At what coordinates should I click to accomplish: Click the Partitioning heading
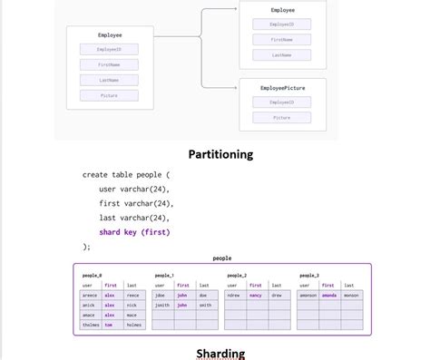pos(220,154)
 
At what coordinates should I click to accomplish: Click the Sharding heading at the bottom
pos(220,353)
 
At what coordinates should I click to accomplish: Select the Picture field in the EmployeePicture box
pos(281,117)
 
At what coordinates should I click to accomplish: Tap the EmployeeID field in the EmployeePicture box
pos(281,102)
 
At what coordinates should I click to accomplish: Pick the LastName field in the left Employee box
pos(109,80)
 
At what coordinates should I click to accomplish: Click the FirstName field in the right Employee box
pos(281,40)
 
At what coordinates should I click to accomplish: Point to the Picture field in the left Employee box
pos(109,95)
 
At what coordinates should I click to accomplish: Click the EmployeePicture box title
pos(281,87)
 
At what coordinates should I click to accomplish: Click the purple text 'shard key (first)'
pos(134,232)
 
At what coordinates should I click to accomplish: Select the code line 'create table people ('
pos(126,174)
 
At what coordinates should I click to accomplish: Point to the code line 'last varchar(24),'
pos(134,218)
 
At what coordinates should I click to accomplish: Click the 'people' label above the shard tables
pos(221,258)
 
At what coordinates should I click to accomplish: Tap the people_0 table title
pos(93,275)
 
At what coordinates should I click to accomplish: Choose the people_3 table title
pos(309,275)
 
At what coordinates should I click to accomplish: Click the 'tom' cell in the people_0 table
pos(109,325)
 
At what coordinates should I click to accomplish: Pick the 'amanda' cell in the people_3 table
pos(328,295)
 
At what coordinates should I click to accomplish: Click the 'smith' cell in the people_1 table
pos(205,305)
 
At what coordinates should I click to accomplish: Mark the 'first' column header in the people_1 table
pos(182,285)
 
